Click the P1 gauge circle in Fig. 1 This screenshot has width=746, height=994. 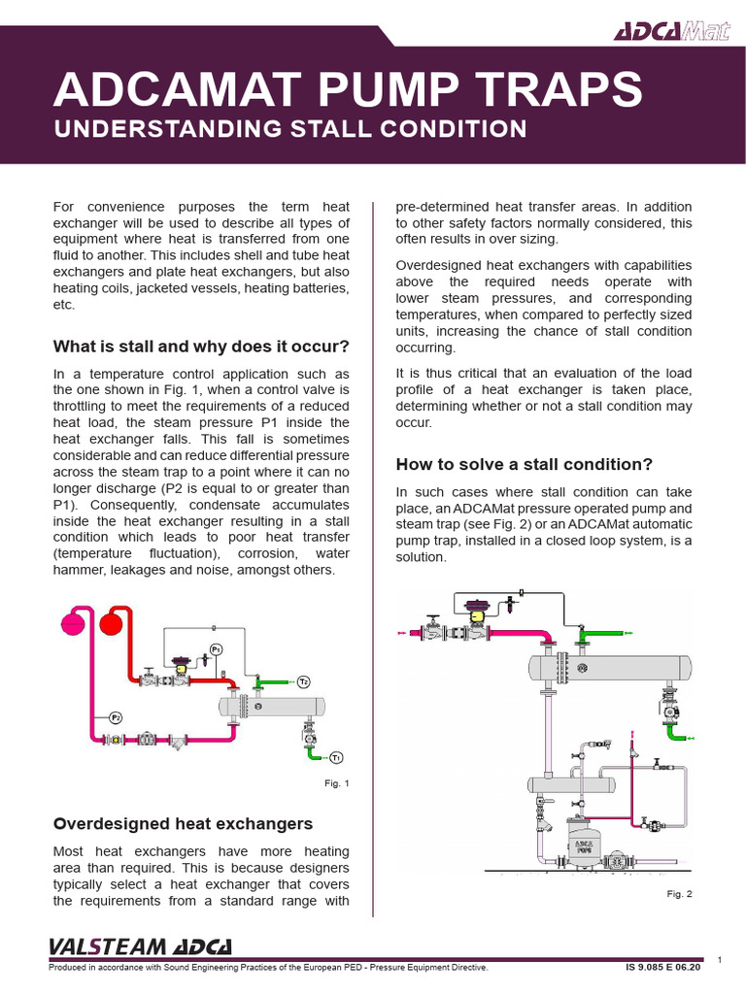pyautogui.click(x=216, y=649)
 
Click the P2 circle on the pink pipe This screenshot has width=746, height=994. pyautogui.click(x=116, y=717)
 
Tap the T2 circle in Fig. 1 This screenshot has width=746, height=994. pyautogui.click(x=303, y=681)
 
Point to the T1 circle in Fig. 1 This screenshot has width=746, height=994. pyautogui.click(x=335, y=756)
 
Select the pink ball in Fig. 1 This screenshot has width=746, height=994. pyautogui.click(x=74, y=621)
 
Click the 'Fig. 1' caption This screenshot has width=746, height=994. pyautogui.click(x=336, y=783)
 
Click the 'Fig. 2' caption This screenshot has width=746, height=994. pyautogui.click(x=678, y=893)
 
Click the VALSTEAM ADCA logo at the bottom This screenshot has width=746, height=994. pyautogui.click(x=141, y=946)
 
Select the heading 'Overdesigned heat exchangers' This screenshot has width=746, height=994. pyautogui.click(x=183, y=824)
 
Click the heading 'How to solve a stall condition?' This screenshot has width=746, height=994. pyautogui.click(x=525, y=463)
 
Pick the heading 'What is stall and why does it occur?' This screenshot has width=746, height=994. pyautogui.click(x=200, y=347)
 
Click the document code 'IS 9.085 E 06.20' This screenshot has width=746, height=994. pyautogui.click(x=661, y=968)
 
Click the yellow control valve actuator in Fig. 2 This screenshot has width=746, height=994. pyautogui.click(x=478, y=612)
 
